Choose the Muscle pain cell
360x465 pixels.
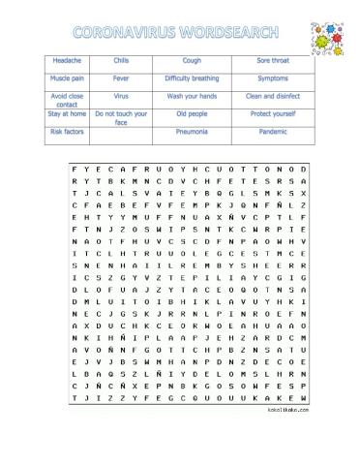67,77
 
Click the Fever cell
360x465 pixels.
121,77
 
